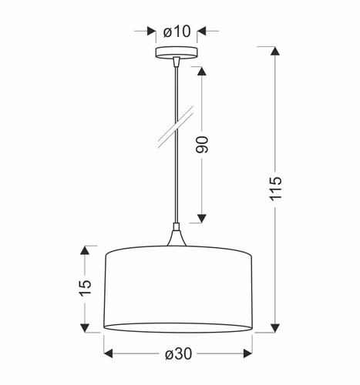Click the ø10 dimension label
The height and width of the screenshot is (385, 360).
coord(177,32)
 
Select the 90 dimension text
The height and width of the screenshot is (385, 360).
coord(203,144)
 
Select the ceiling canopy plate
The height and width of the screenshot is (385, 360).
coord(177,53)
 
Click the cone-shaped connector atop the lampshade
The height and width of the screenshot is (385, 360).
coord(177,238)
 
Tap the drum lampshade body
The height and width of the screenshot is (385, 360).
coord(177,289)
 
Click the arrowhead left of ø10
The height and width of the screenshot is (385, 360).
coord(150,32)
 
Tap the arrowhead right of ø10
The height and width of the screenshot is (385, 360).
coord(204,32)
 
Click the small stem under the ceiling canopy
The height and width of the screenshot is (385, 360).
coord(177,61)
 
